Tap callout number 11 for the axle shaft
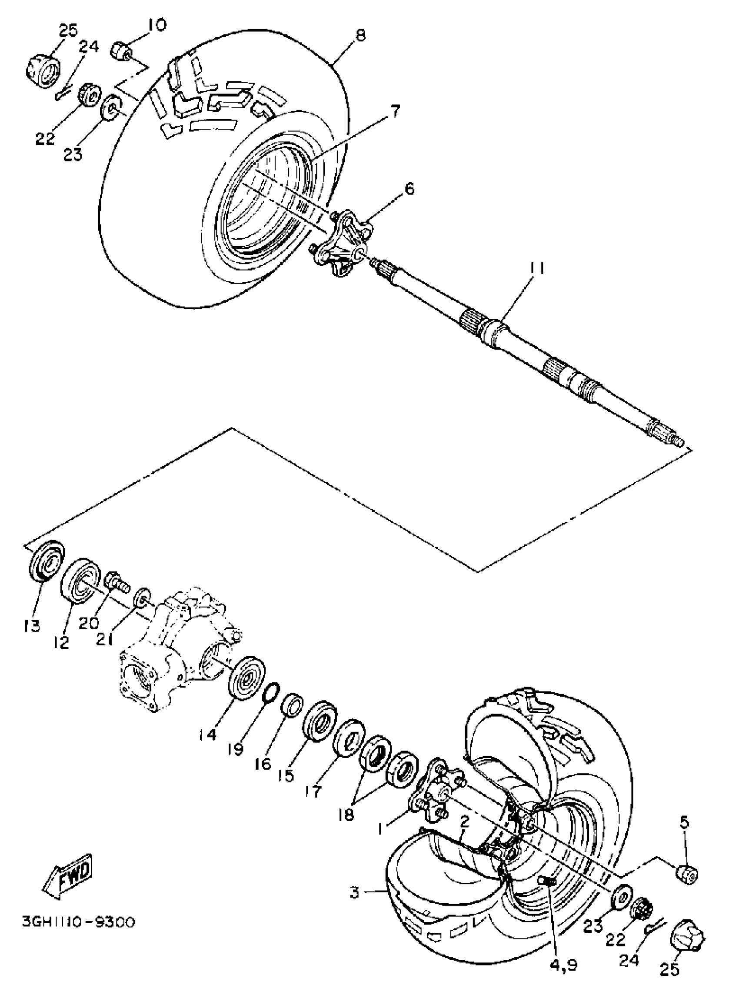(536, 269)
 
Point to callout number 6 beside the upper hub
(409, 188)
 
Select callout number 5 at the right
(685, 822)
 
